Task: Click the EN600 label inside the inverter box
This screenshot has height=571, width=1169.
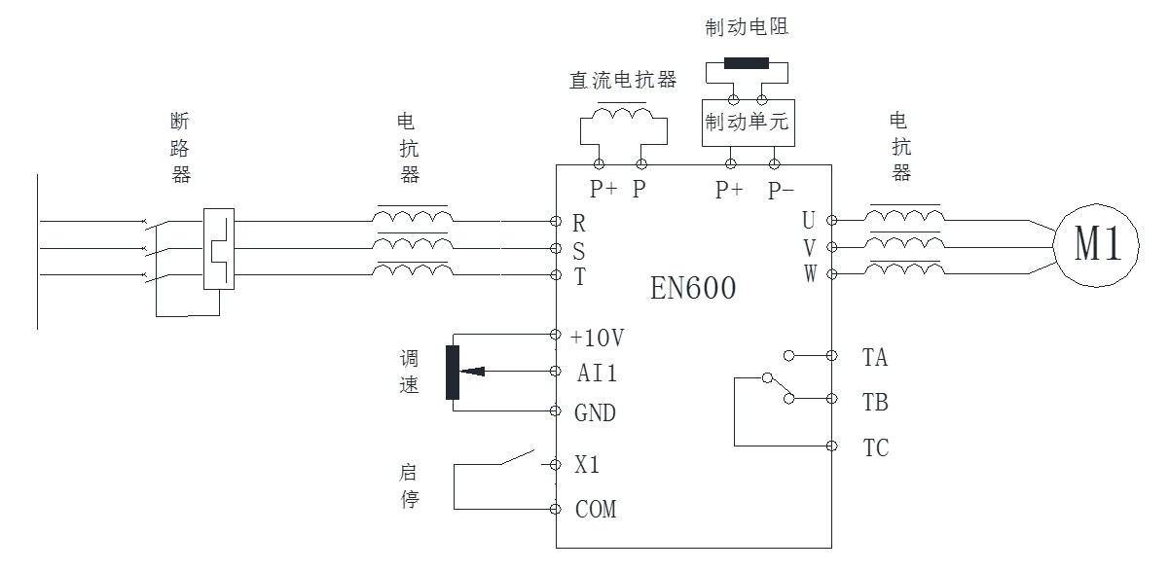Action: [x=693, y=289]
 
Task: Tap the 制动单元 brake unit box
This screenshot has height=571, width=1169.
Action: [x=749, y=124]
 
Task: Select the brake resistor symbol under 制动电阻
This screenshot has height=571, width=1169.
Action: [x=747, y=65]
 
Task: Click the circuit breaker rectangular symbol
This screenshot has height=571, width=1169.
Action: [x=219, y=248]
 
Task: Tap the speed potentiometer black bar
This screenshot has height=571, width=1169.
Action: [x=452, y=372]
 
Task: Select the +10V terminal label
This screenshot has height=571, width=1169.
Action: [x=598, y=338]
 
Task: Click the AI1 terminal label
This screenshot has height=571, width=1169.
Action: [x=596, y=373]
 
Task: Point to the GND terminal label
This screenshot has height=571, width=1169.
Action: [x=595, y=413]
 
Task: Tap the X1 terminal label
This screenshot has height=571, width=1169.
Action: [x=586, y=465]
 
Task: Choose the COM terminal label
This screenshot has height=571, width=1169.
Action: [x=595, y=509]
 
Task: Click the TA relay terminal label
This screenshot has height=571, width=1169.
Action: [x=875, y=358]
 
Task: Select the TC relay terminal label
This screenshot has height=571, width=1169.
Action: [x=875, y=448]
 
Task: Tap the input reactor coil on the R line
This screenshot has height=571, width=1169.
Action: [x=412, y=219]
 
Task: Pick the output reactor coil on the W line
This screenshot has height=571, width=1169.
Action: [x=904, y=271]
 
